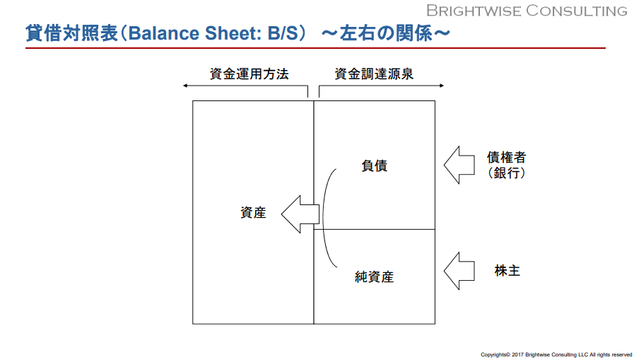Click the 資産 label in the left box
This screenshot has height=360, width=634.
coord(253,213)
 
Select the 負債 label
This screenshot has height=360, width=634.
coord(375,166)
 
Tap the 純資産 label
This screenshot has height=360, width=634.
coord(374,277)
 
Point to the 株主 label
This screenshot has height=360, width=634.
coord(507,271)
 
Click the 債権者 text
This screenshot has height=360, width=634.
coord(506,157)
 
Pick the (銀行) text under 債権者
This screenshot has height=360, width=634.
coord(506,173)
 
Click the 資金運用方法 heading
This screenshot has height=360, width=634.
coord(249,74)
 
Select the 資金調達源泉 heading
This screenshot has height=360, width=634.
coord(374,74)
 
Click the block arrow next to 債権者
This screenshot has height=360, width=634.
coord(459,165)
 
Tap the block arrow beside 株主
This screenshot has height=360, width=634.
coord(459,271)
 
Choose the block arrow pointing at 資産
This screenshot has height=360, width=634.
coord(300,214)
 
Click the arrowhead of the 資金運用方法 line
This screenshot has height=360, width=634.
coord(185,86)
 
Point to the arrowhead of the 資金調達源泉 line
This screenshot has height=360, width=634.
coord(442,86)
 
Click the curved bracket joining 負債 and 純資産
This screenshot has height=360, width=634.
coord(323,218)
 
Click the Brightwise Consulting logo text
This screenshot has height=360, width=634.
coord(527,11)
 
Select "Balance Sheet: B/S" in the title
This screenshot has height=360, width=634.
coord(213,33)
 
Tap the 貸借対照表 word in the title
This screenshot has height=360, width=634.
coord(71,33)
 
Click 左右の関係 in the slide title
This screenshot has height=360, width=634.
coord(386,33)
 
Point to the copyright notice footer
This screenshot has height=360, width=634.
coord(556,355)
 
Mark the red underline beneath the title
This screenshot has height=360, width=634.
coord(315,48)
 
